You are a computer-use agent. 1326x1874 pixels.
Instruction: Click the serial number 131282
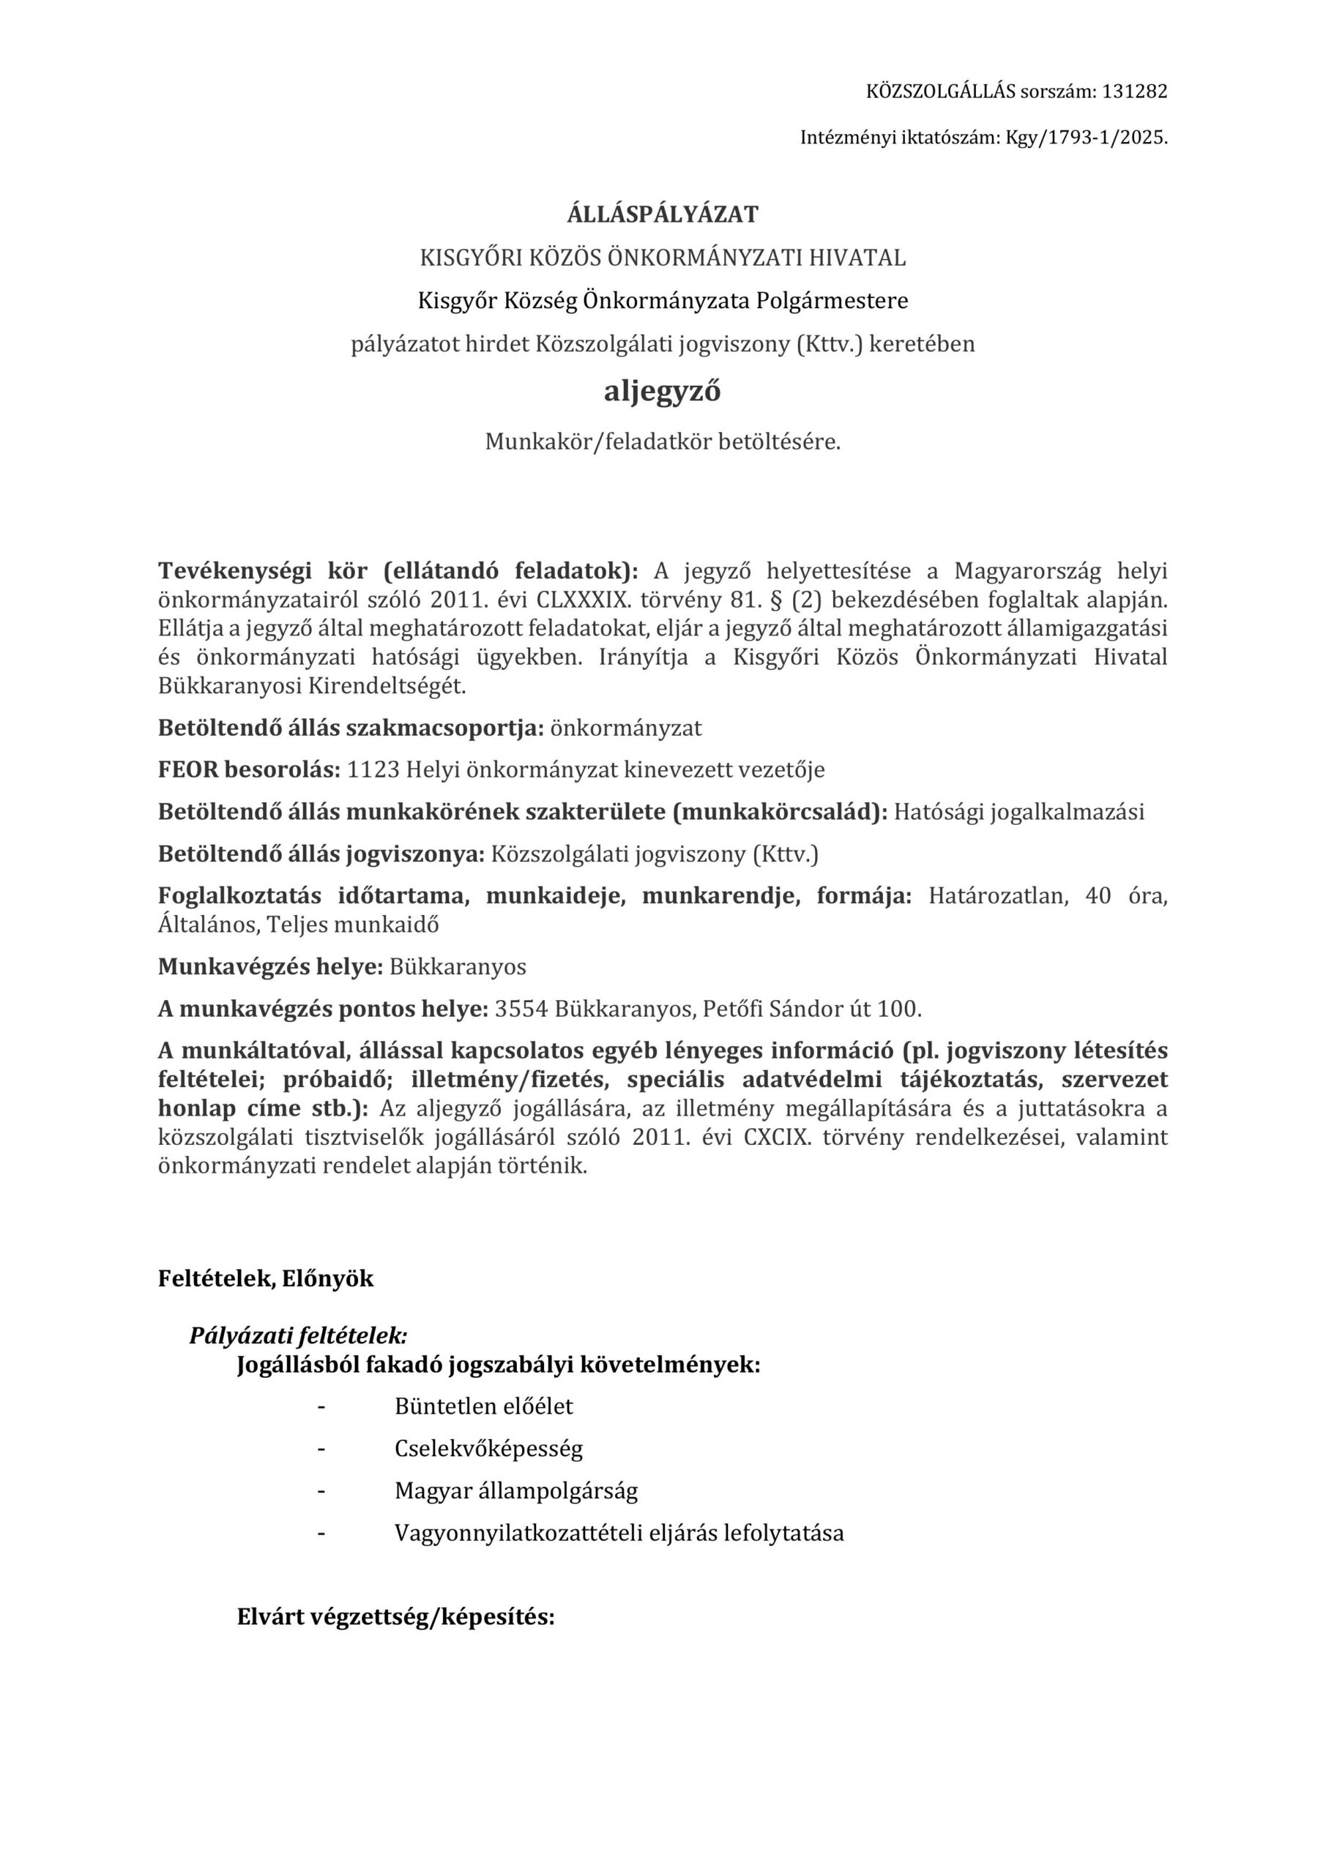[1134, 92]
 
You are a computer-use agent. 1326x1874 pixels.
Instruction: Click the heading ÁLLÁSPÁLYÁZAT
[662, 214]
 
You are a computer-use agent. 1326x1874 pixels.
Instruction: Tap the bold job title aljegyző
[662, 392]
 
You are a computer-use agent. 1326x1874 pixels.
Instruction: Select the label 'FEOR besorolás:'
[248, 769]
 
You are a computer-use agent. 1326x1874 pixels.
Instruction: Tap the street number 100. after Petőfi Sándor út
[899, 1009]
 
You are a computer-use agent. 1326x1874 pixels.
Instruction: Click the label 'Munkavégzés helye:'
[270, 967]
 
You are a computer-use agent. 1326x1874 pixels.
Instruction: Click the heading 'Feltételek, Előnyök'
[265, 1279]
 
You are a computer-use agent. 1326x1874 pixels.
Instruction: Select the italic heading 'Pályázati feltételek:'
[298, 1336]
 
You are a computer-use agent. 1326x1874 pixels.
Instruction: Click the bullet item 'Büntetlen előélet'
[483, 1406]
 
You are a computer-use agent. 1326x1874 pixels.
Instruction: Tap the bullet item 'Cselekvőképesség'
[488, 1449]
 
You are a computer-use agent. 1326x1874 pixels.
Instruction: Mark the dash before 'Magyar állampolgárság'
[321, 1491]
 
